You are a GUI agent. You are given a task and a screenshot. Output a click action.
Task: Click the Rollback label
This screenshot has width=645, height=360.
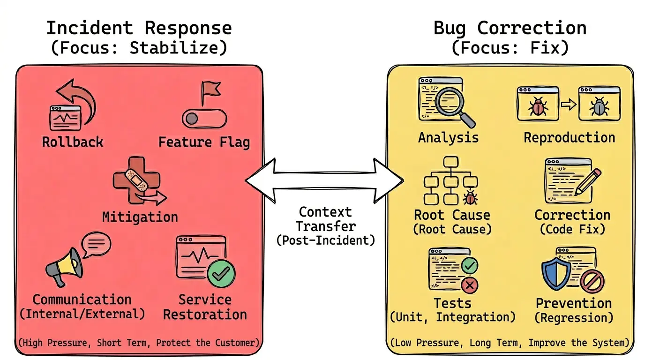(x=73, y=142)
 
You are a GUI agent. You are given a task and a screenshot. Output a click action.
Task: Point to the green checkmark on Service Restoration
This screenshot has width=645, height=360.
(x=221, y=273)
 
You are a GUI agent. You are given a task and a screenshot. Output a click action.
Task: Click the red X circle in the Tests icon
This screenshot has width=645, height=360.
(x=469, y=284)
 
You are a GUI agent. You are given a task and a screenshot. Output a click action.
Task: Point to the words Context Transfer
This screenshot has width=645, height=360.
(x=325, y=219)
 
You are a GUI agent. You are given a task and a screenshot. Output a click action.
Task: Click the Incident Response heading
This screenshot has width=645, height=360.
(x=139, y=28)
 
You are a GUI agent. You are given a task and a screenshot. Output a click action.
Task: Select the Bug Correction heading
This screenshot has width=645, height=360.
(x=510, y=28)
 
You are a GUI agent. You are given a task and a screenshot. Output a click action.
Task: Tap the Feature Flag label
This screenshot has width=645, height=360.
(x=204, y=142)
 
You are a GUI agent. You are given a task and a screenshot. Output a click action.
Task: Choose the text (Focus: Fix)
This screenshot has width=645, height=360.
(x=510, y=48)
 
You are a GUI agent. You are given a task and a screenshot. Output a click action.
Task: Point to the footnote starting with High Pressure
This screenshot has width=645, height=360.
(x=139, y=343)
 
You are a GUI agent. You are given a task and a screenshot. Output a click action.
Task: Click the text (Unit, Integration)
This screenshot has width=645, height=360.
(x=452, y=317)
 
